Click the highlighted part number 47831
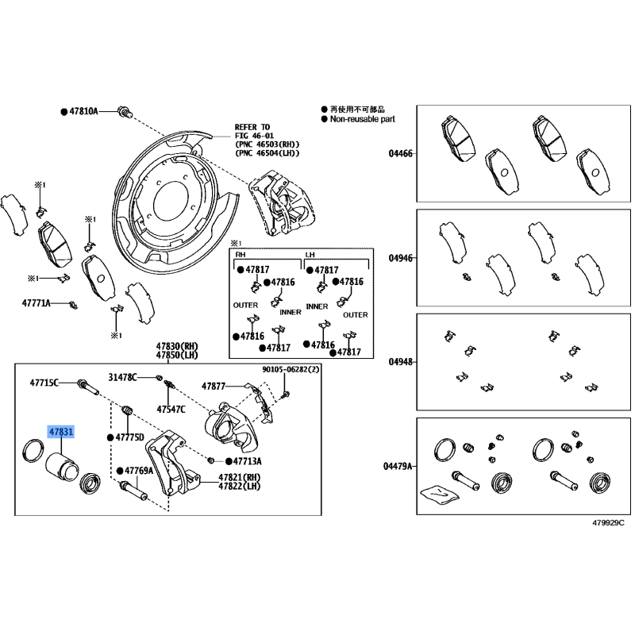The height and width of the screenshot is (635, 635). tap(61, 432)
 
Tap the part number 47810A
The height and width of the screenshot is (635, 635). tap(83, 111)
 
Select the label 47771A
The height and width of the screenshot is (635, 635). tap(36, 303)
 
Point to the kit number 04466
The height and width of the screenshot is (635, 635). tap(401, 153)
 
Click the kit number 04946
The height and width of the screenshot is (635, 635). tap(401, 258)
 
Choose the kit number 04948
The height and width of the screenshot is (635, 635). tap(401, 362)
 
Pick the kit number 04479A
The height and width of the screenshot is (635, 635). tap(398, 467)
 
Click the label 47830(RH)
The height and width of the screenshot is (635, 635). tap(177, 346)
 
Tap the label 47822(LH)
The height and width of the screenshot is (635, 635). tap(240, 486)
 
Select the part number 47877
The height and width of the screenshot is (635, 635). tap(214, 387)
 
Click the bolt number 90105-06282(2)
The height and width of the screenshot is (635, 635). tap(291, 369)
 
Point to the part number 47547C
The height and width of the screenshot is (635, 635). tap(171, 410)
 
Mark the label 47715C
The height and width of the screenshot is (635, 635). tap(44, 383)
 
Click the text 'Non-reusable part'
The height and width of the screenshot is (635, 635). tap(363, 119)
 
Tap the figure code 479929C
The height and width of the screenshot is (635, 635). tap(608, 523)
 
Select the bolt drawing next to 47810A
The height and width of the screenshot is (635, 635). tap(125, 111)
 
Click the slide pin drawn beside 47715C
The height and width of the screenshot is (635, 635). tap(87, 387)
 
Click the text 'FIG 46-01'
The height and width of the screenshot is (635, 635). tap(254, 136)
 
